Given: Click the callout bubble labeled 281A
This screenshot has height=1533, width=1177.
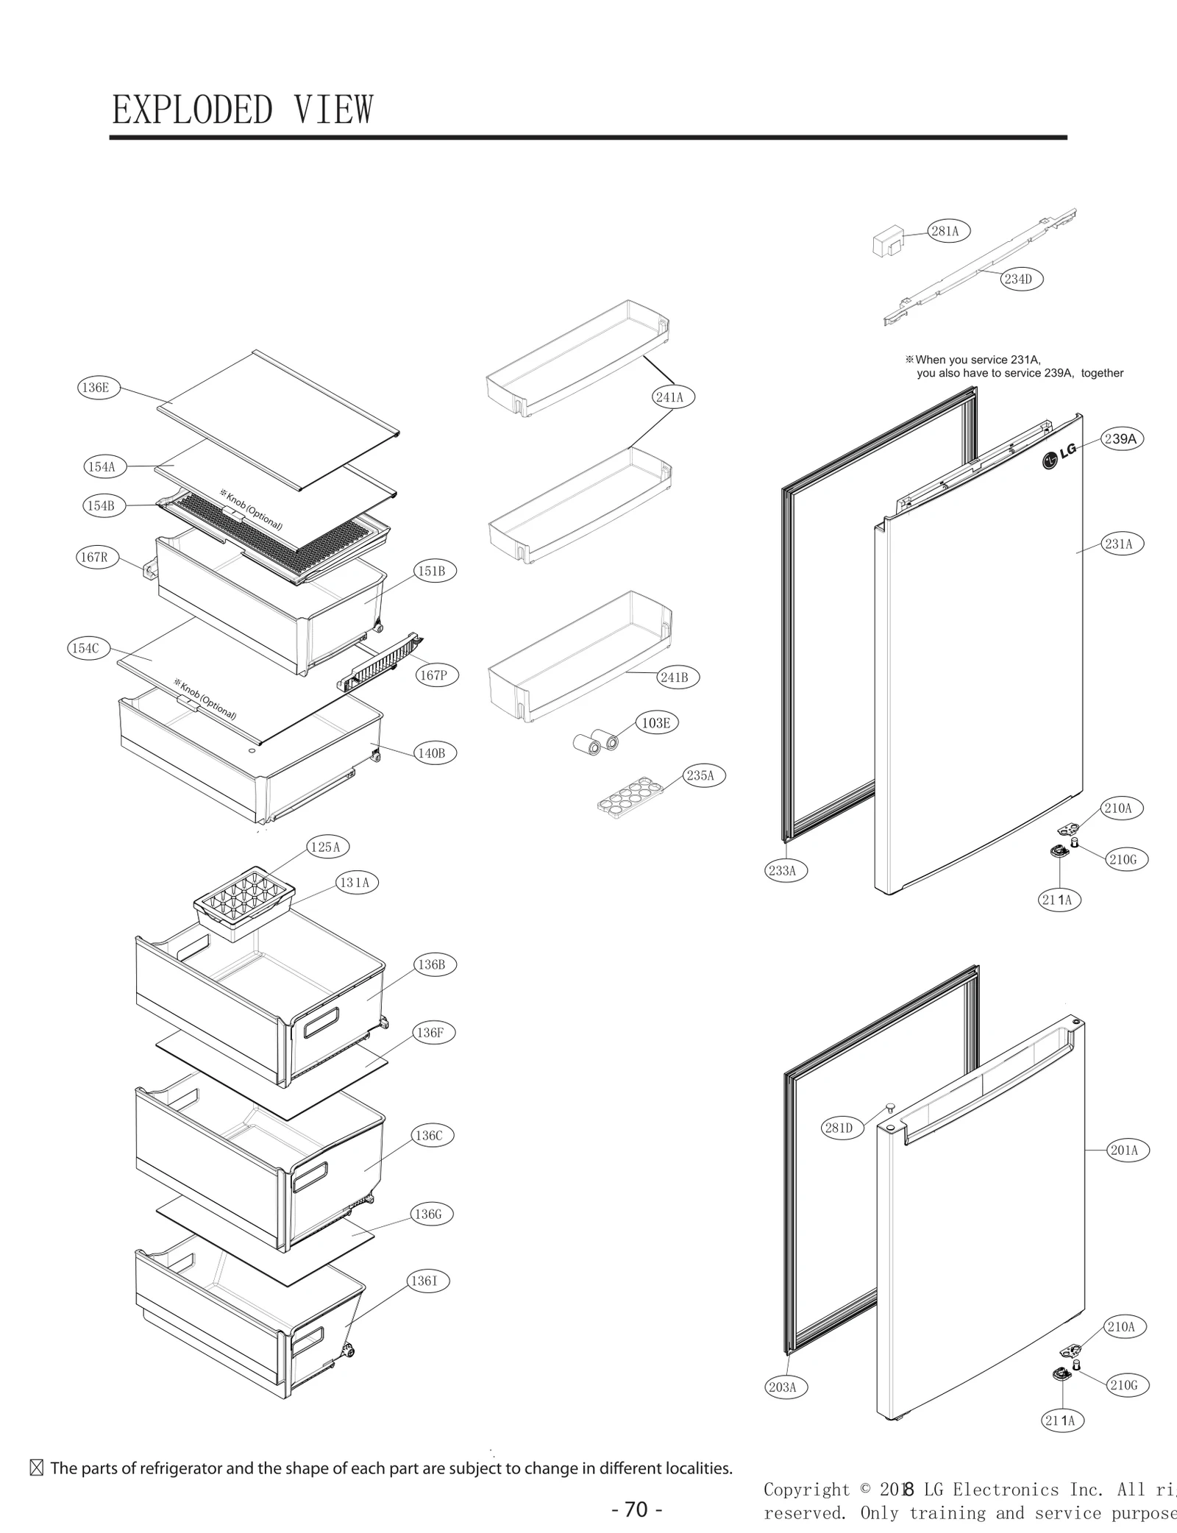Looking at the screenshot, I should coord(945,231).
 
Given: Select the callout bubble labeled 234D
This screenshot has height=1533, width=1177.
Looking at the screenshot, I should coord(1018,279).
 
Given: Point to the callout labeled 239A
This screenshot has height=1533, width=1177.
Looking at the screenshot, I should coord(1120,439).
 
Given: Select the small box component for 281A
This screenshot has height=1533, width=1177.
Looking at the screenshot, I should coord(886,243).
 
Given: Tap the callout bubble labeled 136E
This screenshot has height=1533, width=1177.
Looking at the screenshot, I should coord(96,388).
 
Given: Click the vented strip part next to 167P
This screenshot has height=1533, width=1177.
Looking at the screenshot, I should coord(379,663).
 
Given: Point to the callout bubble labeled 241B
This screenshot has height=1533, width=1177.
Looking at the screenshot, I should coord(675,677).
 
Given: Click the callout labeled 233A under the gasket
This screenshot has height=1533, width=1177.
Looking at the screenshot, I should coord(782,871).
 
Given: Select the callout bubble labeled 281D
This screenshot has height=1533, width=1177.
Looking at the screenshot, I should coord(839,1128).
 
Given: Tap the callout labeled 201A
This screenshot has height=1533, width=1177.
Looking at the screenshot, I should coord(1124,1150).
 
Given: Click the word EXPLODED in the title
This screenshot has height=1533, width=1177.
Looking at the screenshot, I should coord(192,110).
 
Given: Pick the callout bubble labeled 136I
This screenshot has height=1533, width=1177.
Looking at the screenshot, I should coord(424,1281).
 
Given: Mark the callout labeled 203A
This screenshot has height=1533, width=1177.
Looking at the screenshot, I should coord(782,1387).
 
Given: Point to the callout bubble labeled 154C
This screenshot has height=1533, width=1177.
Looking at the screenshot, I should coord(85,648).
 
